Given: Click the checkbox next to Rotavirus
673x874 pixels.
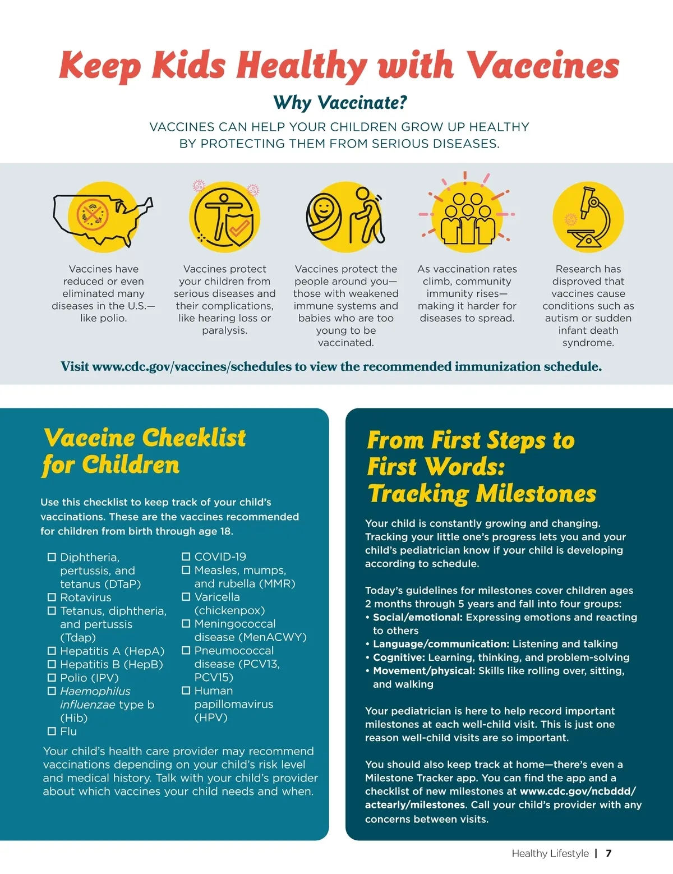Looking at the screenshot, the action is [x=52, y=597].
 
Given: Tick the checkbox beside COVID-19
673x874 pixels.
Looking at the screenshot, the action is [x=186, y=556].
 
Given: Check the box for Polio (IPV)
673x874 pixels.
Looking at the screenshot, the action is [x=52, y=677].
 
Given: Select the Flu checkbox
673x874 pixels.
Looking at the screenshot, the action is [x=52, y=731].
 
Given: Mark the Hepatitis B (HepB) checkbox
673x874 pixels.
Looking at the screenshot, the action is [x=52, y=664].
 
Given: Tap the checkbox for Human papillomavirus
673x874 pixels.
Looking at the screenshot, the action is [x=186, y=690].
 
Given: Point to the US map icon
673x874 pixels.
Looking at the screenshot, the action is [x=103, y=220].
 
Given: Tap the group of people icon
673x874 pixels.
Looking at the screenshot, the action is [x=467, y=218].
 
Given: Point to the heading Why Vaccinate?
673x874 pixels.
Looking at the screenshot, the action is [x=340, y=103].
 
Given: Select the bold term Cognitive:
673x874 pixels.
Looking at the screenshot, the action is [x=399, y=657].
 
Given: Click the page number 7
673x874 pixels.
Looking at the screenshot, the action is [x=609, y=853].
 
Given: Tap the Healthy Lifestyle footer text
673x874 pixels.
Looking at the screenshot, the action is [x=550, y=853].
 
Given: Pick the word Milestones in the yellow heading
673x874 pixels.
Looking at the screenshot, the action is [x=536, y=494].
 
